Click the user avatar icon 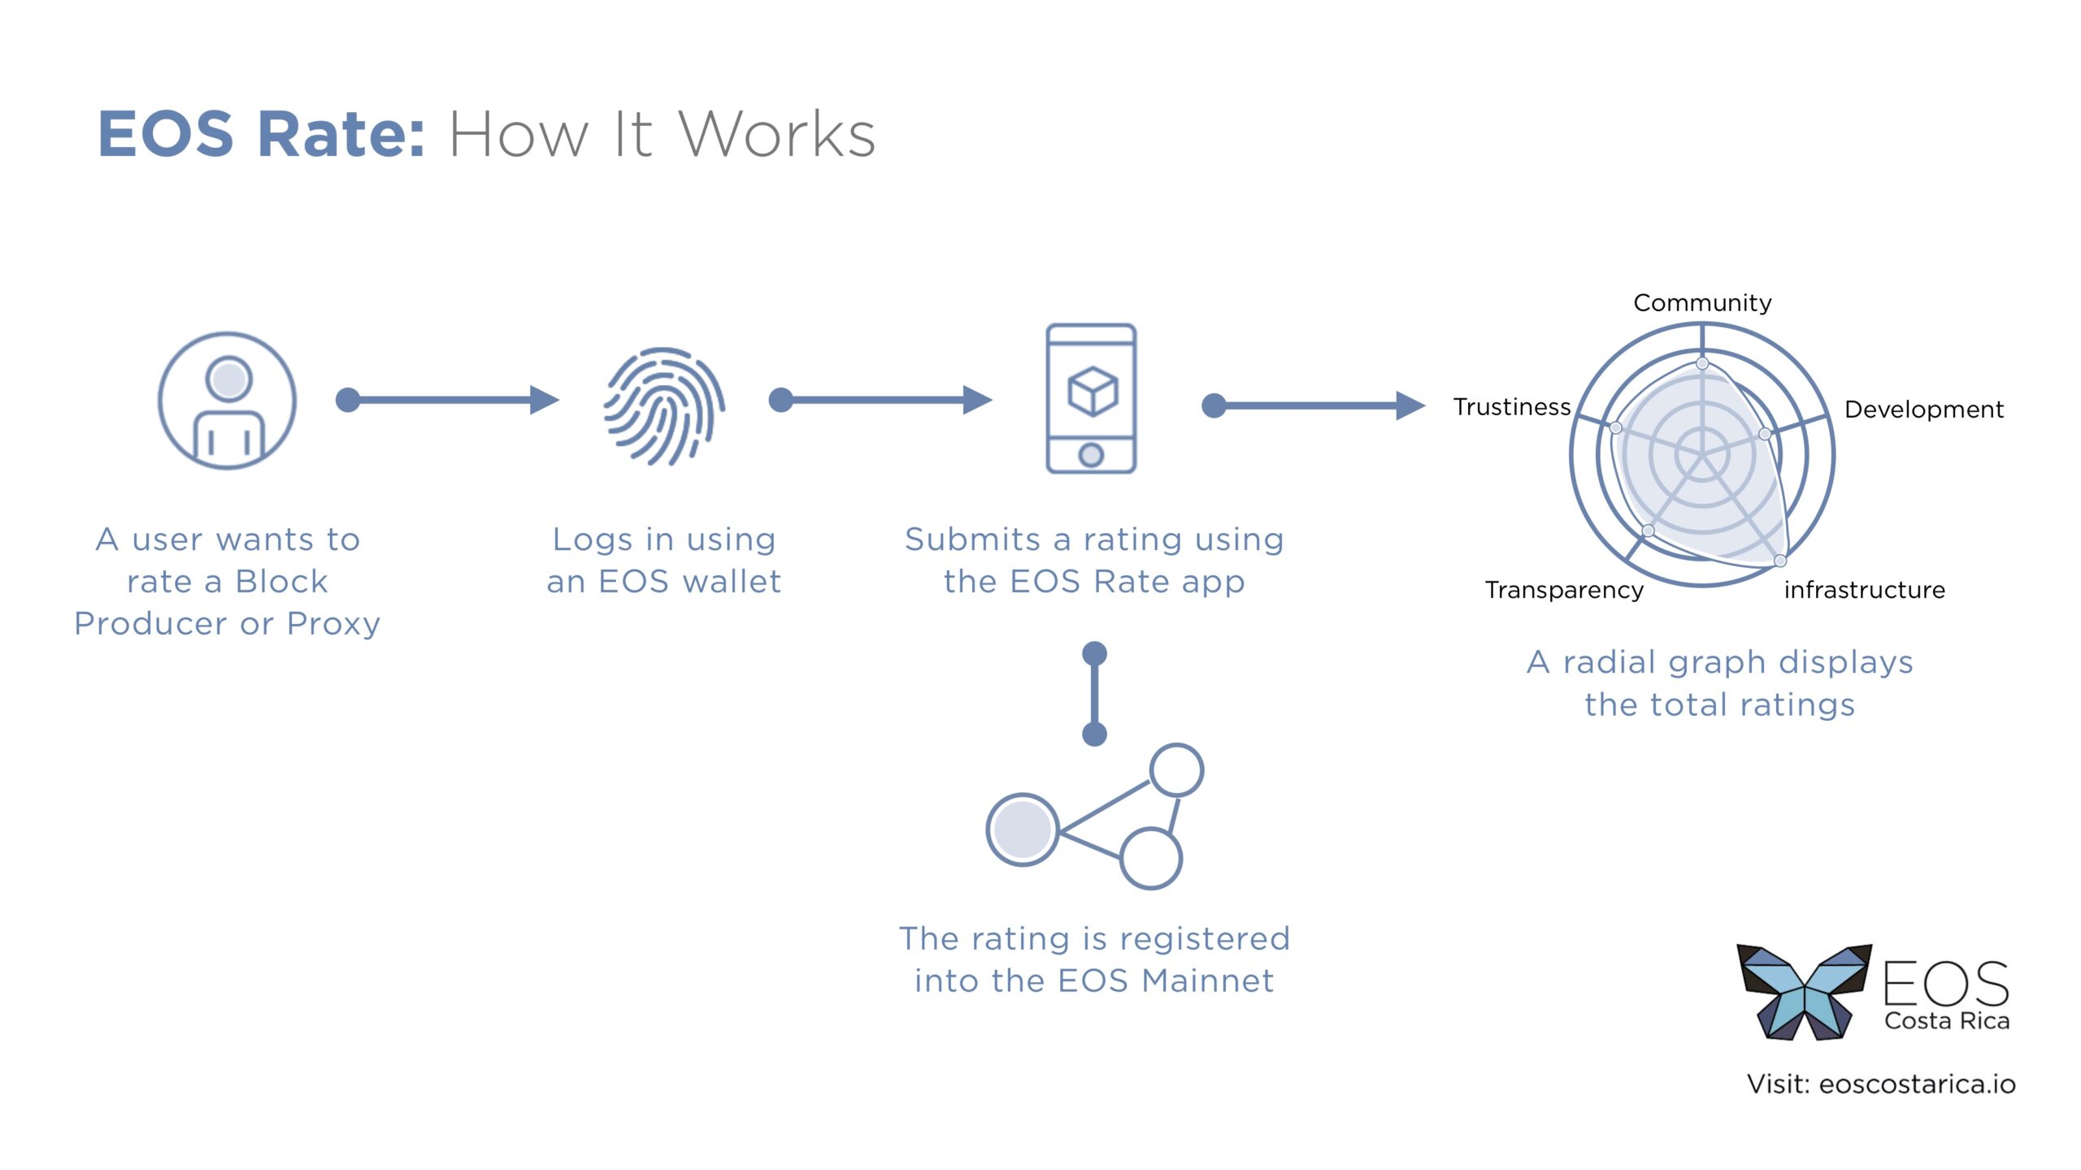click(227, 400)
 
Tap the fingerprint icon click(664, 406)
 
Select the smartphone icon click(1091, 398)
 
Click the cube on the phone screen click(1092, 391)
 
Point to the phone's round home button click(1091, 455)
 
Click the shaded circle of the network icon click(1022, 829)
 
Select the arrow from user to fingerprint click(447, 399)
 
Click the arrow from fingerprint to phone click(880, 399)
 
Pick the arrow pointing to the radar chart click(1314, 405)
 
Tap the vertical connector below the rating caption click(1094, 694)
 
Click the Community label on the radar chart click(1702, 303)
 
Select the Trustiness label click(1511, 406)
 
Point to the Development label click(1923, 409)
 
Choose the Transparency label click(1564, 590)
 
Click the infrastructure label click(1865, 590)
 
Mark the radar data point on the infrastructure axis click(1780, 561)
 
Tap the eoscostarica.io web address click(1917, 1084)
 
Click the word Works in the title click(777, 134)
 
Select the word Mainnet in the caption click(1207, 981)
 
